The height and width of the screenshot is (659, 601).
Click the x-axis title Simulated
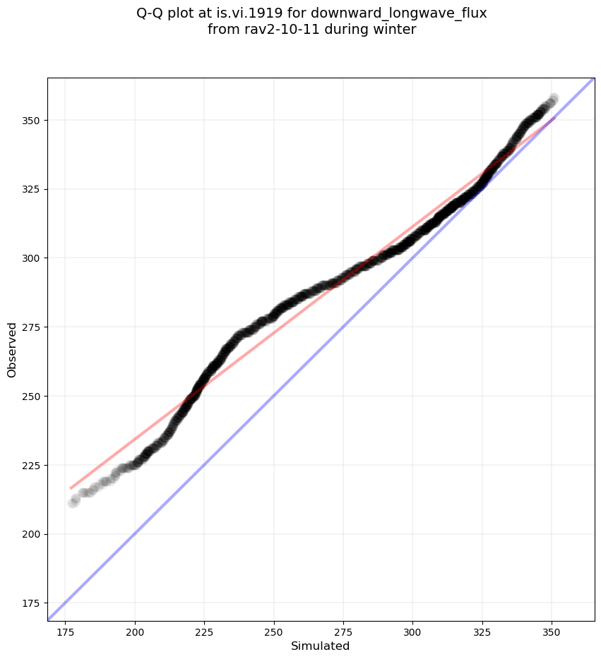coord(321,646)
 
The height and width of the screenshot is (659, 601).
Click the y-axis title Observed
coord(12,349)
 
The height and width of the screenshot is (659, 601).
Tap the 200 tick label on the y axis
coord(32,534)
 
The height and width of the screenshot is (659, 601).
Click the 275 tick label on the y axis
coord(32,327)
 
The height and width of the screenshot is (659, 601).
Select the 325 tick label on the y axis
coord(32,189)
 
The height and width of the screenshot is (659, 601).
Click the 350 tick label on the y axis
coord(32,121)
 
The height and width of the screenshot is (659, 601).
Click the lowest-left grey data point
coord(72,503)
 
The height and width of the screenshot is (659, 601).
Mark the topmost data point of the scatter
coord(554,98)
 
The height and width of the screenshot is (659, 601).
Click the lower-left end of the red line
coord(70,488)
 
